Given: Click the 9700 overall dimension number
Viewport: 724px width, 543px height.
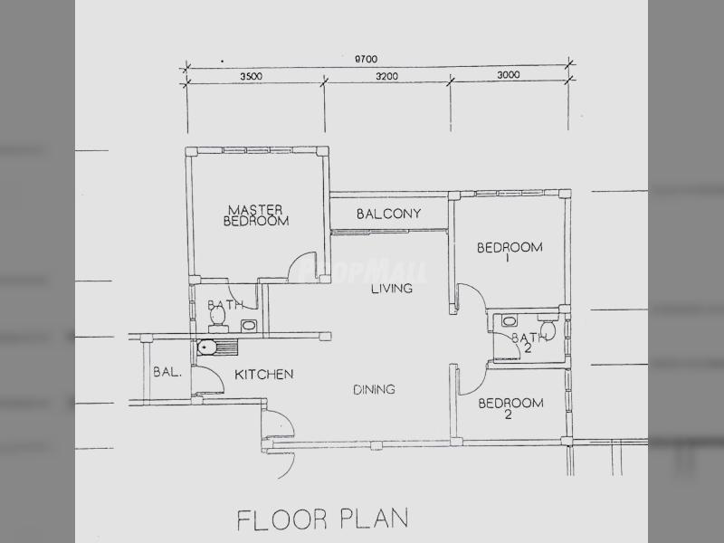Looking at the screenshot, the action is (366, 59).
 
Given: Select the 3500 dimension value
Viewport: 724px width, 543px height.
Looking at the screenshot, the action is (251, 76).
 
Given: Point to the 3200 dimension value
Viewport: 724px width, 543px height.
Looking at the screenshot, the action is (386, 76).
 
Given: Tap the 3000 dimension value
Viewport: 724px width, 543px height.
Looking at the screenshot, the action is (509, 75).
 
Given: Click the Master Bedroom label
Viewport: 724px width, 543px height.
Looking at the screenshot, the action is (256, 215).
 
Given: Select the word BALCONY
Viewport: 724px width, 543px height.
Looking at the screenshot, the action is (389, 214).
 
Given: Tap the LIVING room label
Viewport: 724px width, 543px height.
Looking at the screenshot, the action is (392, 289).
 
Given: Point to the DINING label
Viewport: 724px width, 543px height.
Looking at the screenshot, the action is (374, 390).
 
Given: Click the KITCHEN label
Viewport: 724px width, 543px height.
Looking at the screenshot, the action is (264, 374).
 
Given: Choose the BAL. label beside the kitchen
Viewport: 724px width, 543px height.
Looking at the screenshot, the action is (167, 372).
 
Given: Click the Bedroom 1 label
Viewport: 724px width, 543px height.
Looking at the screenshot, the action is (510, 252).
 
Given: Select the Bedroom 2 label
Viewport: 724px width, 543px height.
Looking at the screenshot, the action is (510, 409).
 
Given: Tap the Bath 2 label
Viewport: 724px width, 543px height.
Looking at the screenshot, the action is (527, 343).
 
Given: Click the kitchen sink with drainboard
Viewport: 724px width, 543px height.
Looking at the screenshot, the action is (217, 348).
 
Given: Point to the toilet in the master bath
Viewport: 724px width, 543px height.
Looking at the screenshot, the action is (218, 319).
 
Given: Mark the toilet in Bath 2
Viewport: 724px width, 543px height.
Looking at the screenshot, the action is (548, 327).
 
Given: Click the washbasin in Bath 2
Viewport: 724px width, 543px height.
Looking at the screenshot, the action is (509, 321).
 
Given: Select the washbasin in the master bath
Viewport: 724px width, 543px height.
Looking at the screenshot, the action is (248, 326).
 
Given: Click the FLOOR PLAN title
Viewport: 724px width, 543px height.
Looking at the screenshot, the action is (323, 519).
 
